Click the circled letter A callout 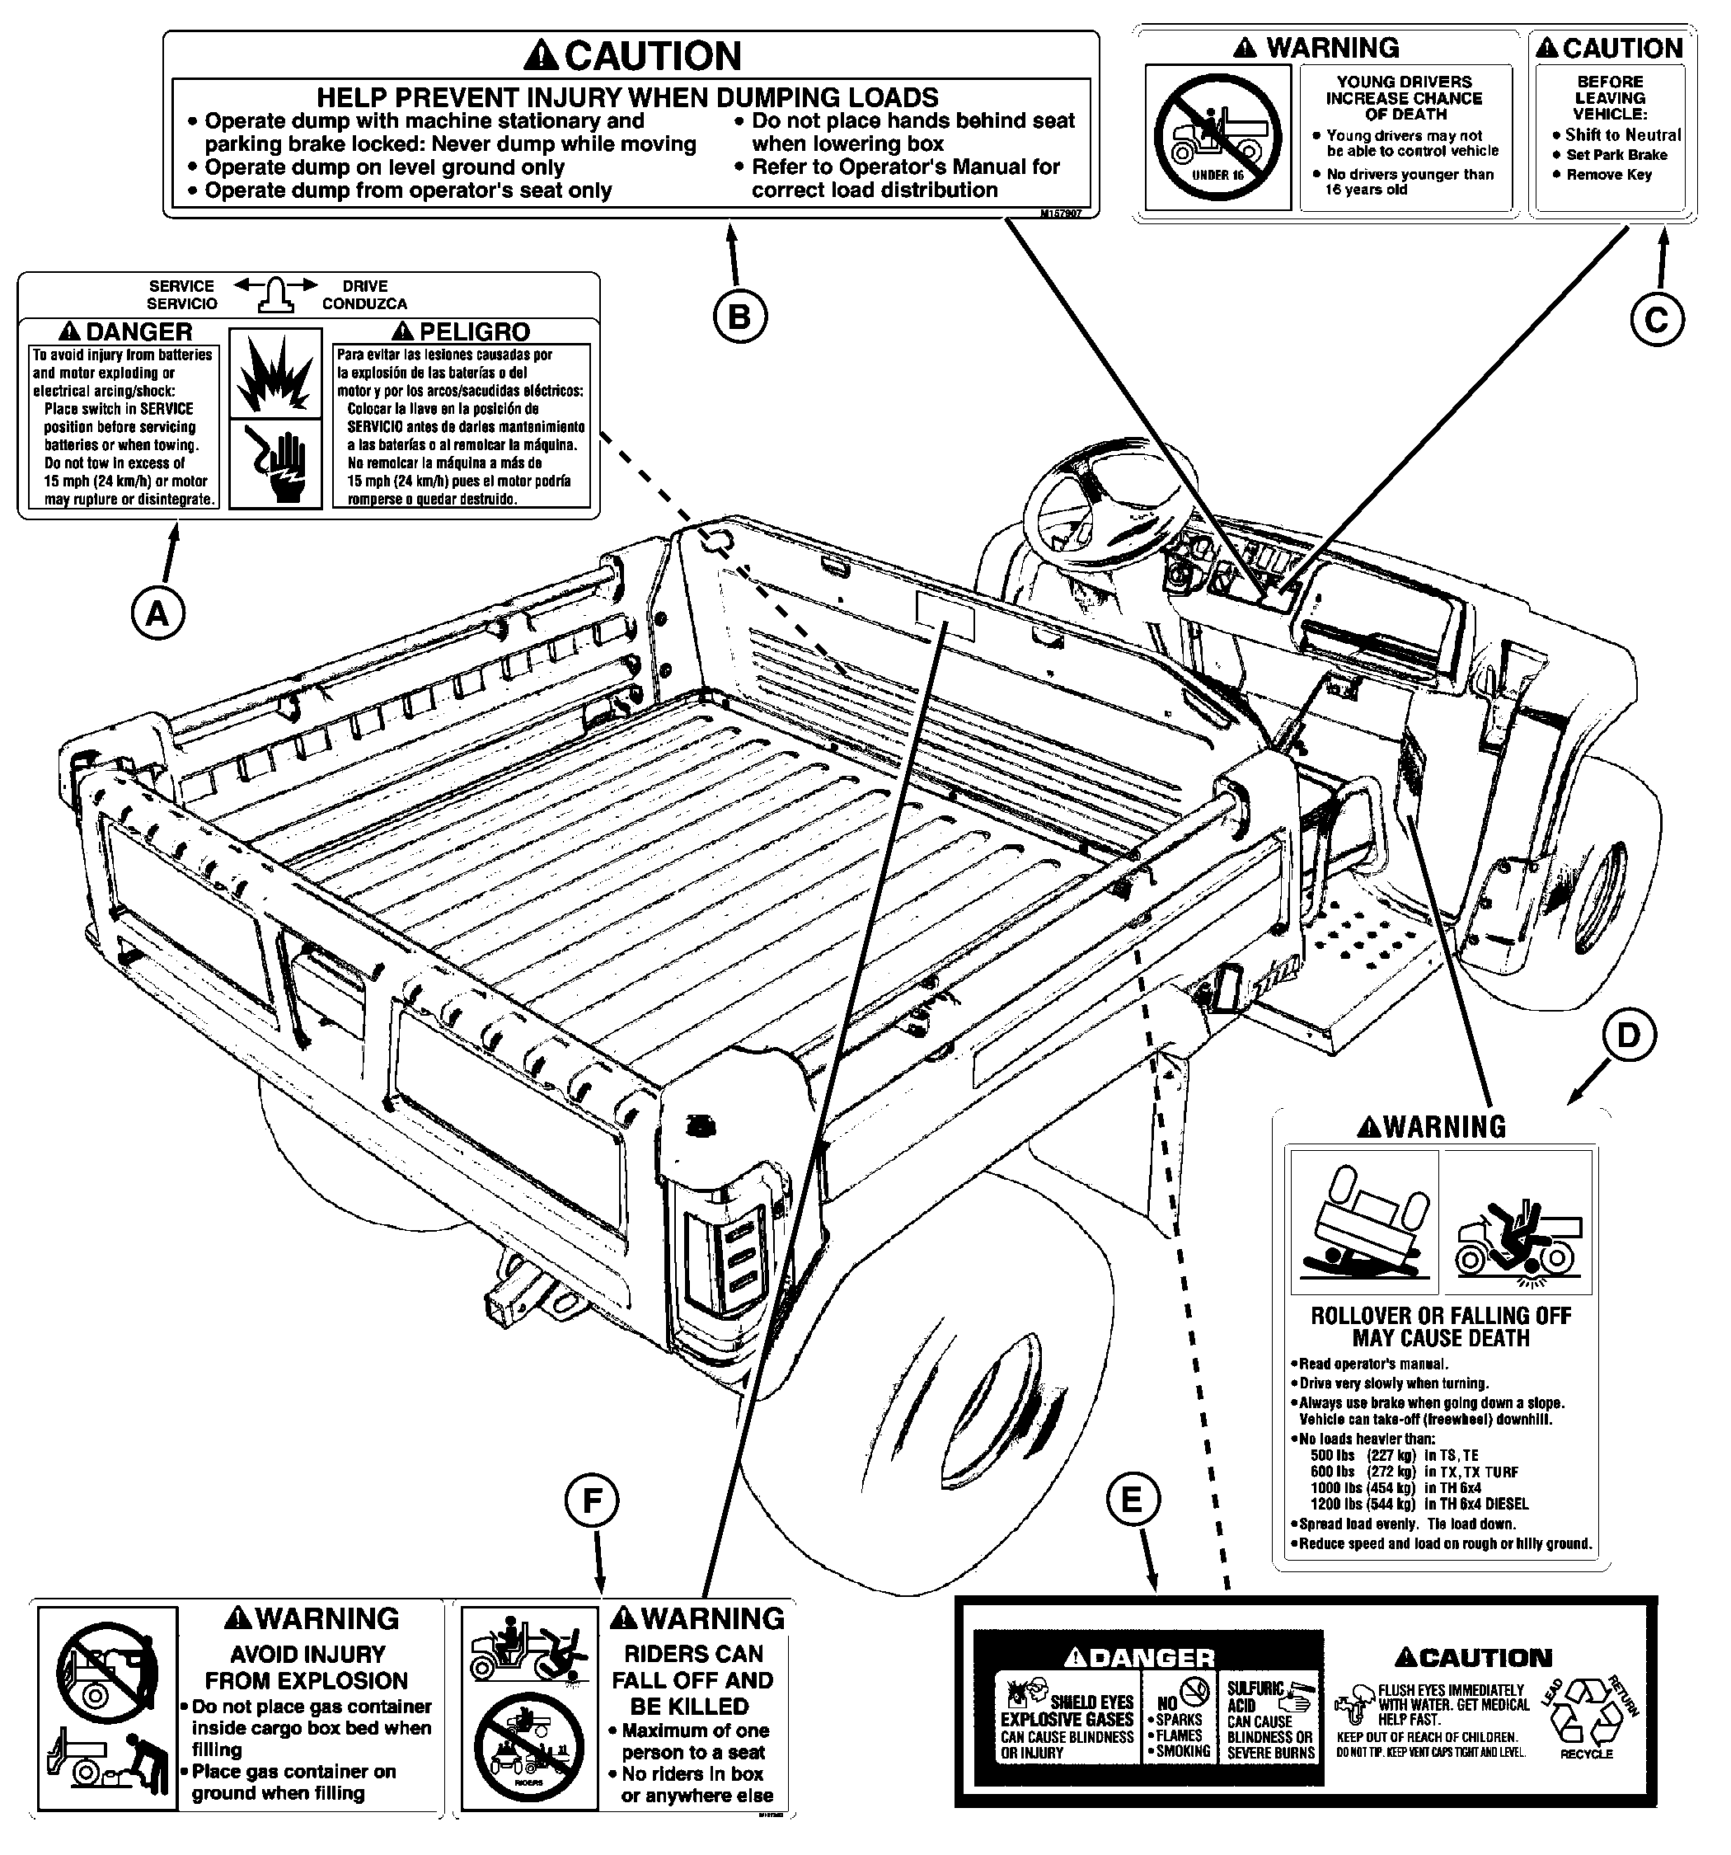pos(157,613)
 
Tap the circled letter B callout pos(739,317)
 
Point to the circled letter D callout pos(1627,1036)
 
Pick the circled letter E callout pos(1132,1500)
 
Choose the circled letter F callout pos(592,1500)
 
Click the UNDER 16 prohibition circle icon pos(1217,137)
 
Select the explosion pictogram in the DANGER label pos(274,373)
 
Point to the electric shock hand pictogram pos(275,463)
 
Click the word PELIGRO pos(474,331)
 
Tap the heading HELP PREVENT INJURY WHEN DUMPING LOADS pos(627,97)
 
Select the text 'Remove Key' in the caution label pos(1609,175)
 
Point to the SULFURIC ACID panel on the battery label pos(1269,1721)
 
